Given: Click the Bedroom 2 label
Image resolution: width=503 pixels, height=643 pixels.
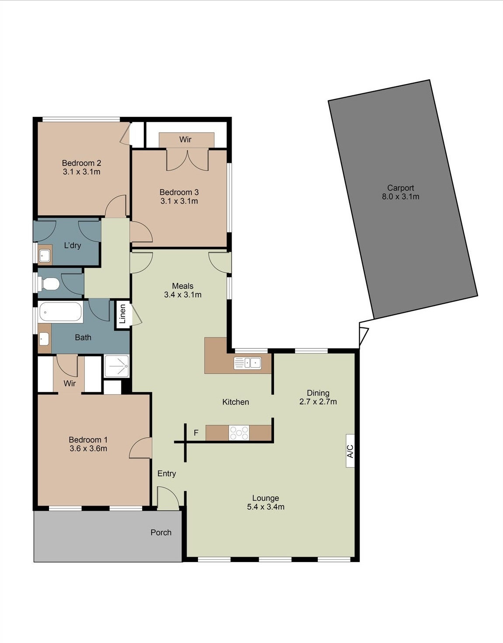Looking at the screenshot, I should [81, 163].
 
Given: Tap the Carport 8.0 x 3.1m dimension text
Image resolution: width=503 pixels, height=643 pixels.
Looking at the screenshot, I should [400, 197].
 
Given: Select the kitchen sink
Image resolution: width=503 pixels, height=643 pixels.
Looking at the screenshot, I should [247, 363].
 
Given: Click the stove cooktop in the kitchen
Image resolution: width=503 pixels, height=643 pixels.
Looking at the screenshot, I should [239, 433].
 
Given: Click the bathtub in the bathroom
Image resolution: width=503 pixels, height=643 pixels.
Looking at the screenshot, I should [60, 312].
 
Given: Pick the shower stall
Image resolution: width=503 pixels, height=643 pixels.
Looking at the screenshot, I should [117, 366].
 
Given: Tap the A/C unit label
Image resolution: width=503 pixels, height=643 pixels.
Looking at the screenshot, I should [350, 451].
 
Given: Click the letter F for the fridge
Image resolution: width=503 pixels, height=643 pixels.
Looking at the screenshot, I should [196, 433].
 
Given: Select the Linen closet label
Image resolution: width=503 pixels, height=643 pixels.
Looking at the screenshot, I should [123, 314].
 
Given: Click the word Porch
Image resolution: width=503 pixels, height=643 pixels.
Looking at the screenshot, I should [161, 532].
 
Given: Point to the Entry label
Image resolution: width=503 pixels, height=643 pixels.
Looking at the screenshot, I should [167, 473].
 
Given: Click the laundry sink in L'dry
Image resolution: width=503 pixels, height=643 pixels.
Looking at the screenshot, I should [45, 255].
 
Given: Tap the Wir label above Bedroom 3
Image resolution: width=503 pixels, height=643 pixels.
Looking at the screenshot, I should [185, 139].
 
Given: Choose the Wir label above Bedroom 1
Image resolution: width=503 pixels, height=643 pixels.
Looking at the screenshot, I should [69, 383].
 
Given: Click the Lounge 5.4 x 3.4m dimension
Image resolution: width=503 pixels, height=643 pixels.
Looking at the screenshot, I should [265, 507].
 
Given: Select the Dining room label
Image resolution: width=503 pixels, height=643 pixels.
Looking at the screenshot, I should [318, 393].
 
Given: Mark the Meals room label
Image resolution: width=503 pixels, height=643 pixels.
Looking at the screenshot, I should [183, 286].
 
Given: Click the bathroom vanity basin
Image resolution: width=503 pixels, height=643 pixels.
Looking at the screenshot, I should [44, 338].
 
